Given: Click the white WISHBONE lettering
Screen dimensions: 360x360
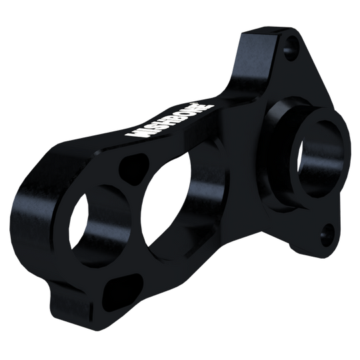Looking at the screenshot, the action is pyautogui.click(x=169, y=121).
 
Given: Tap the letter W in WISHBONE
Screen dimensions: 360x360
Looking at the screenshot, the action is pyautogui.click(x=132, y=133).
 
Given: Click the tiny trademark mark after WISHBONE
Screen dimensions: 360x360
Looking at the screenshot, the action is pyautogui.click(x=213, y=103).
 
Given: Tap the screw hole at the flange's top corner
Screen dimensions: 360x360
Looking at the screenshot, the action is pyautogui.click(x=291, y=48).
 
